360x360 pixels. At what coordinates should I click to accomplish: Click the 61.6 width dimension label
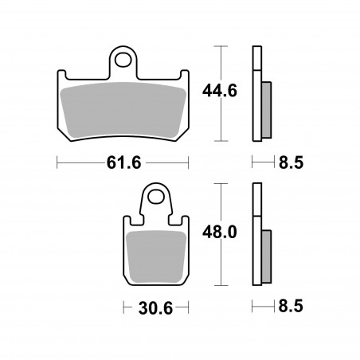click(123, 162)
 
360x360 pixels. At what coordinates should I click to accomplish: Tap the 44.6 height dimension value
click(220, 91)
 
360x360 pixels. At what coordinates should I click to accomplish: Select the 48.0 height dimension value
click(220, 233)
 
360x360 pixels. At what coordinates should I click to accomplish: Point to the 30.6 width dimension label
click(155, 308)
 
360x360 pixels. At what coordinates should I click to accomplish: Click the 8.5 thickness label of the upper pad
click(291, 162)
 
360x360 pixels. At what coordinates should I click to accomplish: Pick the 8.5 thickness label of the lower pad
click(291, 306)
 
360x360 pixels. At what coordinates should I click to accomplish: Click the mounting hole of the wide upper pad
click(123, 60)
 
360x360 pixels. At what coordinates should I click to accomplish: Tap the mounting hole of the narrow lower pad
click(156, 197)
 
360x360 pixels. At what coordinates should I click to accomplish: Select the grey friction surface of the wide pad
click(123, 110)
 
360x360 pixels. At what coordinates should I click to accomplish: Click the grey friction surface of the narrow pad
click(156, 256)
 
